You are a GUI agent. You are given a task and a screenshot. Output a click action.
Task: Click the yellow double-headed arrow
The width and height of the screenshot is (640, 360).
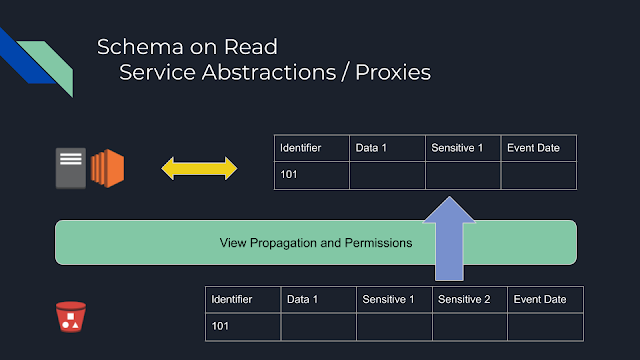click(x=200, y=168)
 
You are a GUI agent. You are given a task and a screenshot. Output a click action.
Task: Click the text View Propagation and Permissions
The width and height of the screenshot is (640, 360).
click(x=315, y=243)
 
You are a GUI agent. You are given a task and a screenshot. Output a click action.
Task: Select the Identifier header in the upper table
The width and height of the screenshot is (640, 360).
click(x=301, y=148)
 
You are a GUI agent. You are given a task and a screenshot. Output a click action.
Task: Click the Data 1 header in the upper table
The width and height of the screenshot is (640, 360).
click(x=371, y=148)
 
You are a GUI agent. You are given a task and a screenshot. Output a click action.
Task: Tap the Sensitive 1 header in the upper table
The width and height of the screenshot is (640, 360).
click(x=457, y=148)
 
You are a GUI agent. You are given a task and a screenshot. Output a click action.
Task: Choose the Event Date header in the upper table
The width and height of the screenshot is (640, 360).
click(x=534, y=148)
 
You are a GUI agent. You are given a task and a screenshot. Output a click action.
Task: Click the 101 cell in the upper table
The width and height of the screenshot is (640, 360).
click(x=290, y=175)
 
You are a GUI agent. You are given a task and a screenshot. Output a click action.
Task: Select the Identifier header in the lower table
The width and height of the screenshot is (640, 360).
click(x=232, y=299)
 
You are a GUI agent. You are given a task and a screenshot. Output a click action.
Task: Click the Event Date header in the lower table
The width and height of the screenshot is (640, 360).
click(x=541, y=299)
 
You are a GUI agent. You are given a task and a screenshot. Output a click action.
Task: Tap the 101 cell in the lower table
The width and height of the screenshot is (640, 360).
click(x=221, y=326)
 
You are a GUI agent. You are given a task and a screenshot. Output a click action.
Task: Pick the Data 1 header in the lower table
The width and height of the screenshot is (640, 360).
click(x=302, y=299)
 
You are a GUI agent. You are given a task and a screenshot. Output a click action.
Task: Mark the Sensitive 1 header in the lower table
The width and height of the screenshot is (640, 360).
click(x=388, y=299)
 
